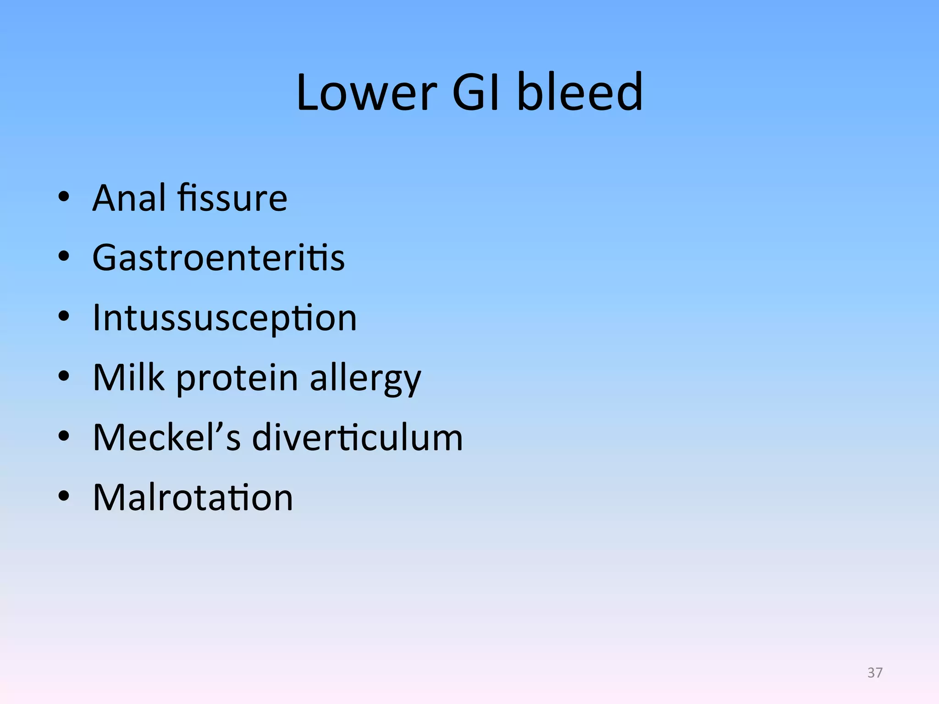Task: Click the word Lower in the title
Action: [366, 93]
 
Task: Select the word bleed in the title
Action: [580, 93]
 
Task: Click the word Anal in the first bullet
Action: [129, 198]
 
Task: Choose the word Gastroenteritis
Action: [218, 258]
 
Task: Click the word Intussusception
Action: [224, 318]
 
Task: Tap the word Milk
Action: [128, 378]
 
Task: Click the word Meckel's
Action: [166, 437]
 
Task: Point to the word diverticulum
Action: [357, 437]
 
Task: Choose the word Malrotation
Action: [193, 497]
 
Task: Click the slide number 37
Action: [875, 673]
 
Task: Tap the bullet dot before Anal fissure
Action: [64, 198]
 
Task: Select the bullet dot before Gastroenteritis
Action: [64, 257]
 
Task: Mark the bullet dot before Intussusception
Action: [64, 317]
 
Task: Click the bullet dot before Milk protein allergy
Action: [64, 377]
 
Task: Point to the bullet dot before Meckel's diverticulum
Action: [64, 436]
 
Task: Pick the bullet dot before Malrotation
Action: [64, 496]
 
